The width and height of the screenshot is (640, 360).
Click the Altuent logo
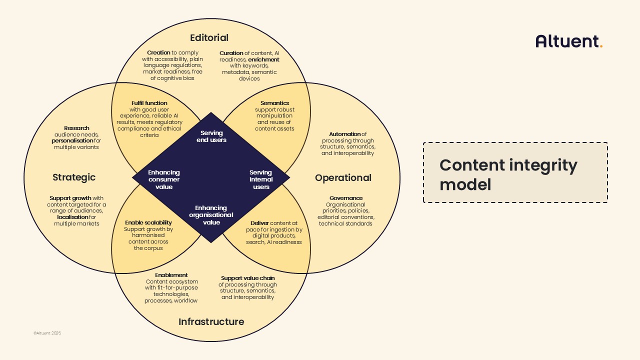(x=568, y=41)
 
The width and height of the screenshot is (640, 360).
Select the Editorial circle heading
(x=209, y=38)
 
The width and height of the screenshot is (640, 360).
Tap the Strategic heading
(x=74, y=177)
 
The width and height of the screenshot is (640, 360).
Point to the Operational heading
(x=343, y=178)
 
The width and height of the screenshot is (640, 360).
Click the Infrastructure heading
(x=211, y=321)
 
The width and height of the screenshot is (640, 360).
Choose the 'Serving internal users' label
(x=261, y=179)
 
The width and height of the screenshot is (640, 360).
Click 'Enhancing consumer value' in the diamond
(x=164, y=179)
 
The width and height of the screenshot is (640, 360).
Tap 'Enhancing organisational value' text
(x=211, y=215)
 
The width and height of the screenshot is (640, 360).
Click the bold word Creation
(x=158, y=52)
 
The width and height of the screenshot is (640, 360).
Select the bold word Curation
(x=231, y=53)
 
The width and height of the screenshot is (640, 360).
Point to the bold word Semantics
(x=274, y=103)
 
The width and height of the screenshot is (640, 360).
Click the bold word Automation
(x=344, y=134)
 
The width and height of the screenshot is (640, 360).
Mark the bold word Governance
(x=346, y=198)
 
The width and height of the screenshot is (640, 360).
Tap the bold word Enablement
(x=171, y=275)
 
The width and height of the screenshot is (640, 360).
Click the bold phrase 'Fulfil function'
(x=149, y=103)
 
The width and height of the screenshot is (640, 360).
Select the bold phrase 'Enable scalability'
(x=148, y=222)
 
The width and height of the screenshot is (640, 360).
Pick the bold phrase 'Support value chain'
(x=247, y=278)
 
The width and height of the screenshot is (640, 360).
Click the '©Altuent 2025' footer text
(x=47, y=333)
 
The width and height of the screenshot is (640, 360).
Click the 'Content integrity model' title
(x=508, y=174)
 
